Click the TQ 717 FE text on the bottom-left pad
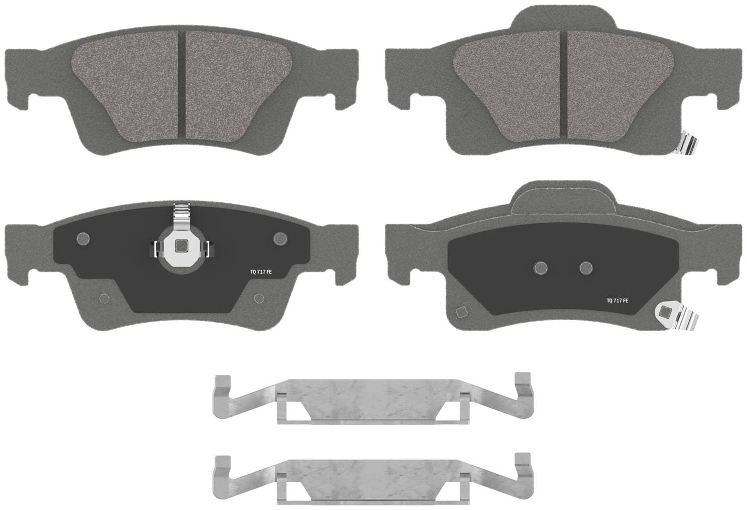261,272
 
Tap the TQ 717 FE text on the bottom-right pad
618,300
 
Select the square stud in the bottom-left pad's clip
181,246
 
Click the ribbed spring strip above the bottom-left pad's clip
181,216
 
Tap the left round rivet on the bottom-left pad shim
83,239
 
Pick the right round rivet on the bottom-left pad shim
280,239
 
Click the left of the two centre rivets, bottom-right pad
540,268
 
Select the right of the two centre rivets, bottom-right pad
586,267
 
